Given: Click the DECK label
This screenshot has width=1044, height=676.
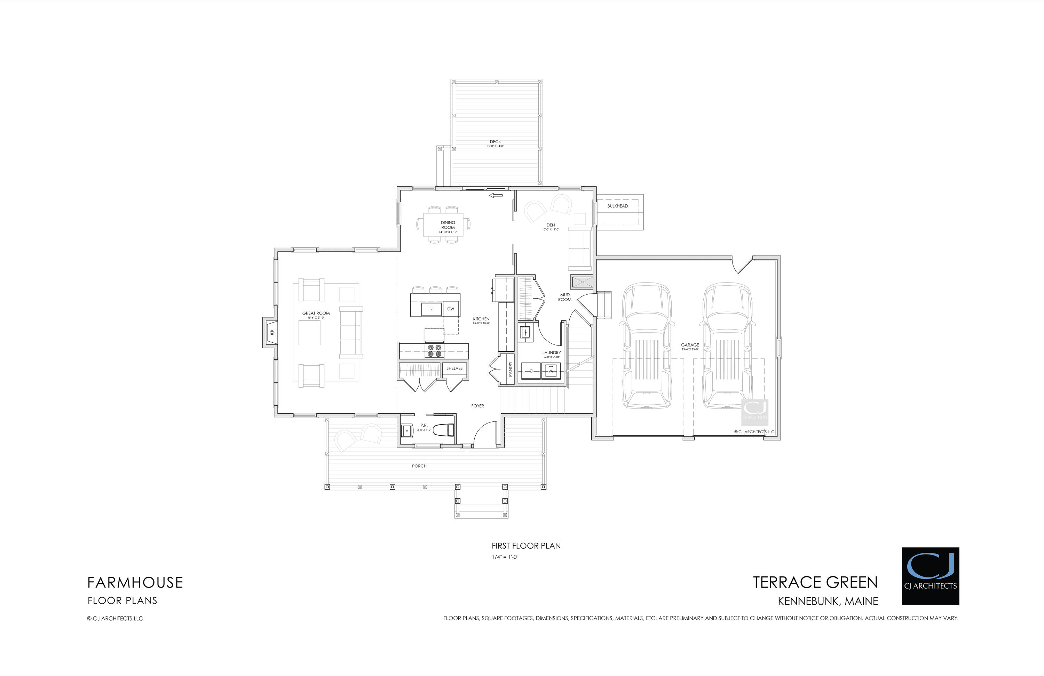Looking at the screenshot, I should [495, 142].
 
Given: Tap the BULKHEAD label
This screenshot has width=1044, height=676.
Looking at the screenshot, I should [617, 206].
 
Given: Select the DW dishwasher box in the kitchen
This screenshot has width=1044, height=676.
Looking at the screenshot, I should [451, 309].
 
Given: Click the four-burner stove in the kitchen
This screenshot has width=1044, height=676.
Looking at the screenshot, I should [434, 350].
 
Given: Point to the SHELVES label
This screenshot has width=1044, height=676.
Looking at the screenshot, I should [454, 368].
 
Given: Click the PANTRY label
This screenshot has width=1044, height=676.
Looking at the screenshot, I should [510, 369].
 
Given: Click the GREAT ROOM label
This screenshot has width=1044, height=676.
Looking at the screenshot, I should [316, 313].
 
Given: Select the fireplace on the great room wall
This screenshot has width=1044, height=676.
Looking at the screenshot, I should [271, 333].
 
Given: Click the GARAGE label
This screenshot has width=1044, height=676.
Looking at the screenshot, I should [690, 345].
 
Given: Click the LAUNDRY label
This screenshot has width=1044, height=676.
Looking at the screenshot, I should [551, 352].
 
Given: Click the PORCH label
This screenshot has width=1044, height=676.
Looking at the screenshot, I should [419, 466].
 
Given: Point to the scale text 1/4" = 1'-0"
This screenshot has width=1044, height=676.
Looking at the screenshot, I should [505, 557].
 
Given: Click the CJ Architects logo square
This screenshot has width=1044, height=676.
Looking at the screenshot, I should [930, 576].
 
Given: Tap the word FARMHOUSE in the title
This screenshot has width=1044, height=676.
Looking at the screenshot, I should [135, 583].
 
